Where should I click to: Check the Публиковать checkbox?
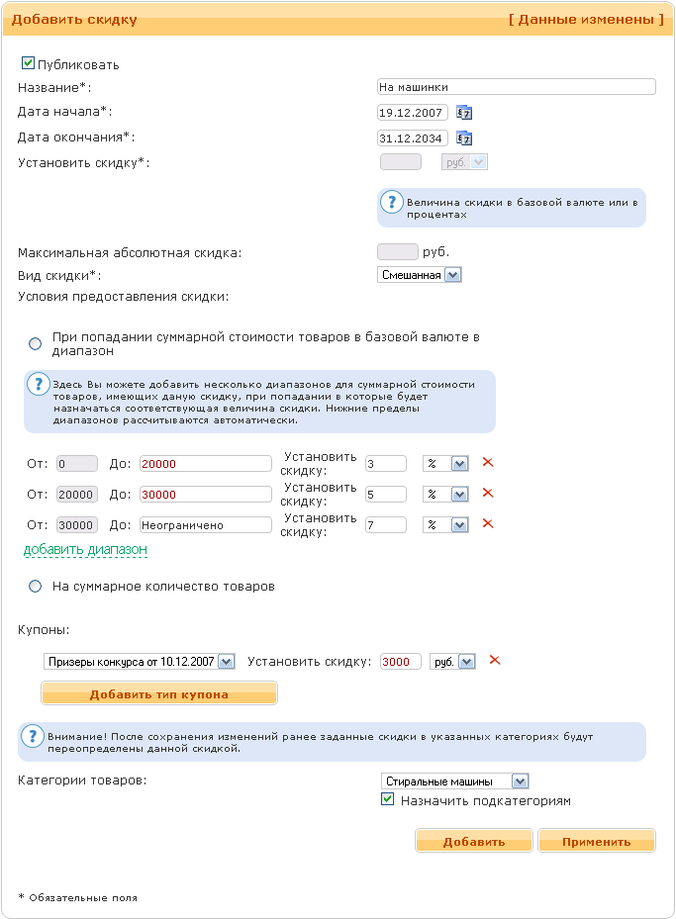coord(28,63)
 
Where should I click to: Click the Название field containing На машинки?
coord(517,87)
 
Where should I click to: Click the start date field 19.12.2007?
coord(413,113)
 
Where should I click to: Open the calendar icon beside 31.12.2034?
coord(464,138)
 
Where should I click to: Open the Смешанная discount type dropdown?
coord(420,275)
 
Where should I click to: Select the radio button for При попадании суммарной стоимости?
coord(36,343)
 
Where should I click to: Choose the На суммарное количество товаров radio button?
coord(36,587)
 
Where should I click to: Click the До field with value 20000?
coord(205,464)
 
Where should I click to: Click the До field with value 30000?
coord(205,495)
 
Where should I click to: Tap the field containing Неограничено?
coord(205,525)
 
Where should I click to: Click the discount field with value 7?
coord(385,525)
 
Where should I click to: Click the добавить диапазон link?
coord(85,549)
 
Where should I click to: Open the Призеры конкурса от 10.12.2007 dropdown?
coord(139,662)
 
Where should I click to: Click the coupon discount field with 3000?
coord(400,662)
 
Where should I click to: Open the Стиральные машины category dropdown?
coord(455,781)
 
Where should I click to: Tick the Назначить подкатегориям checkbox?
coord(388,799)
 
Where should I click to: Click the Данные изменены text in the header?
coord(586,19)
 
